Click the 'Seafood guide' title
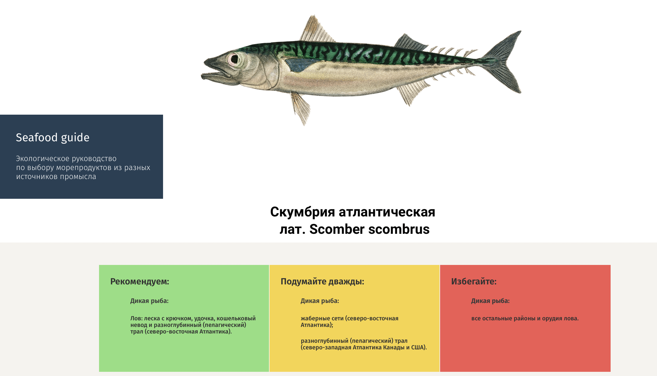(x=53, y=138)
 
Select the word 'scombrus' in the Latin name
(x=399, y=229)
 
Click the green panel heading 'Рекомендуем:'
(x=140, y=282)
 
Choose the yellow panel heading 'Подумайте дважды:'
(x=322, y=282)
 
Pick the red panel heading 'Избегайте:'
(x=474, y=282)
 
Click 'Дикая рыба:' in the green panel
(x=149, y=301)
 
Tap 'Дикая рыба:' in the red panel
(x=490, y=301)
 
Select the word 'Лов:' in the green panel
(x=136, y=319)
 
